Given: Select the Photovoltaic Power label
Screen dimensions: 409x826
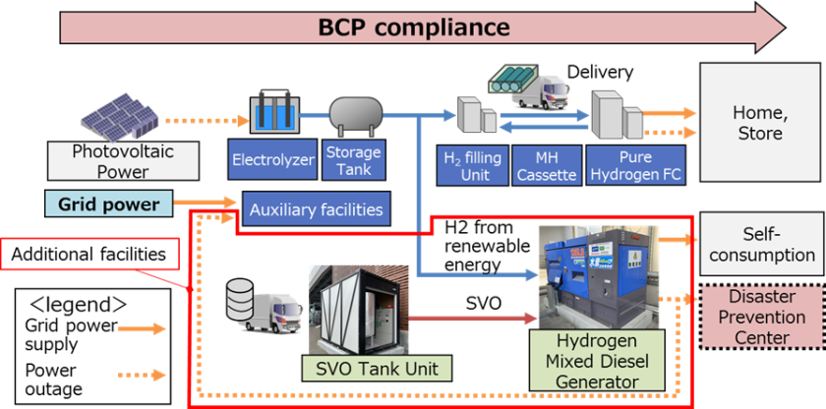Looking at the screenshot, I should (109, 162).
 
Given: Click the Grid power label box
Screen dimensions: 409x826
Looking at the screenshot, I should (108, 204).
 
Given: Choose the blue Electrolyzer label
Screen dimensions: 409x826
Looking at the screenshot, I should (270, 159).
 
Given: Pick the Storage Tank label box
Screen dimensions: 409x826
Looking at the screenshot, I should (352, 161).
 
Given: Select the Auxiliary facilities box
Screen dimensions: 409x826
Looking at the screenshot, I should (316, 208).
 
